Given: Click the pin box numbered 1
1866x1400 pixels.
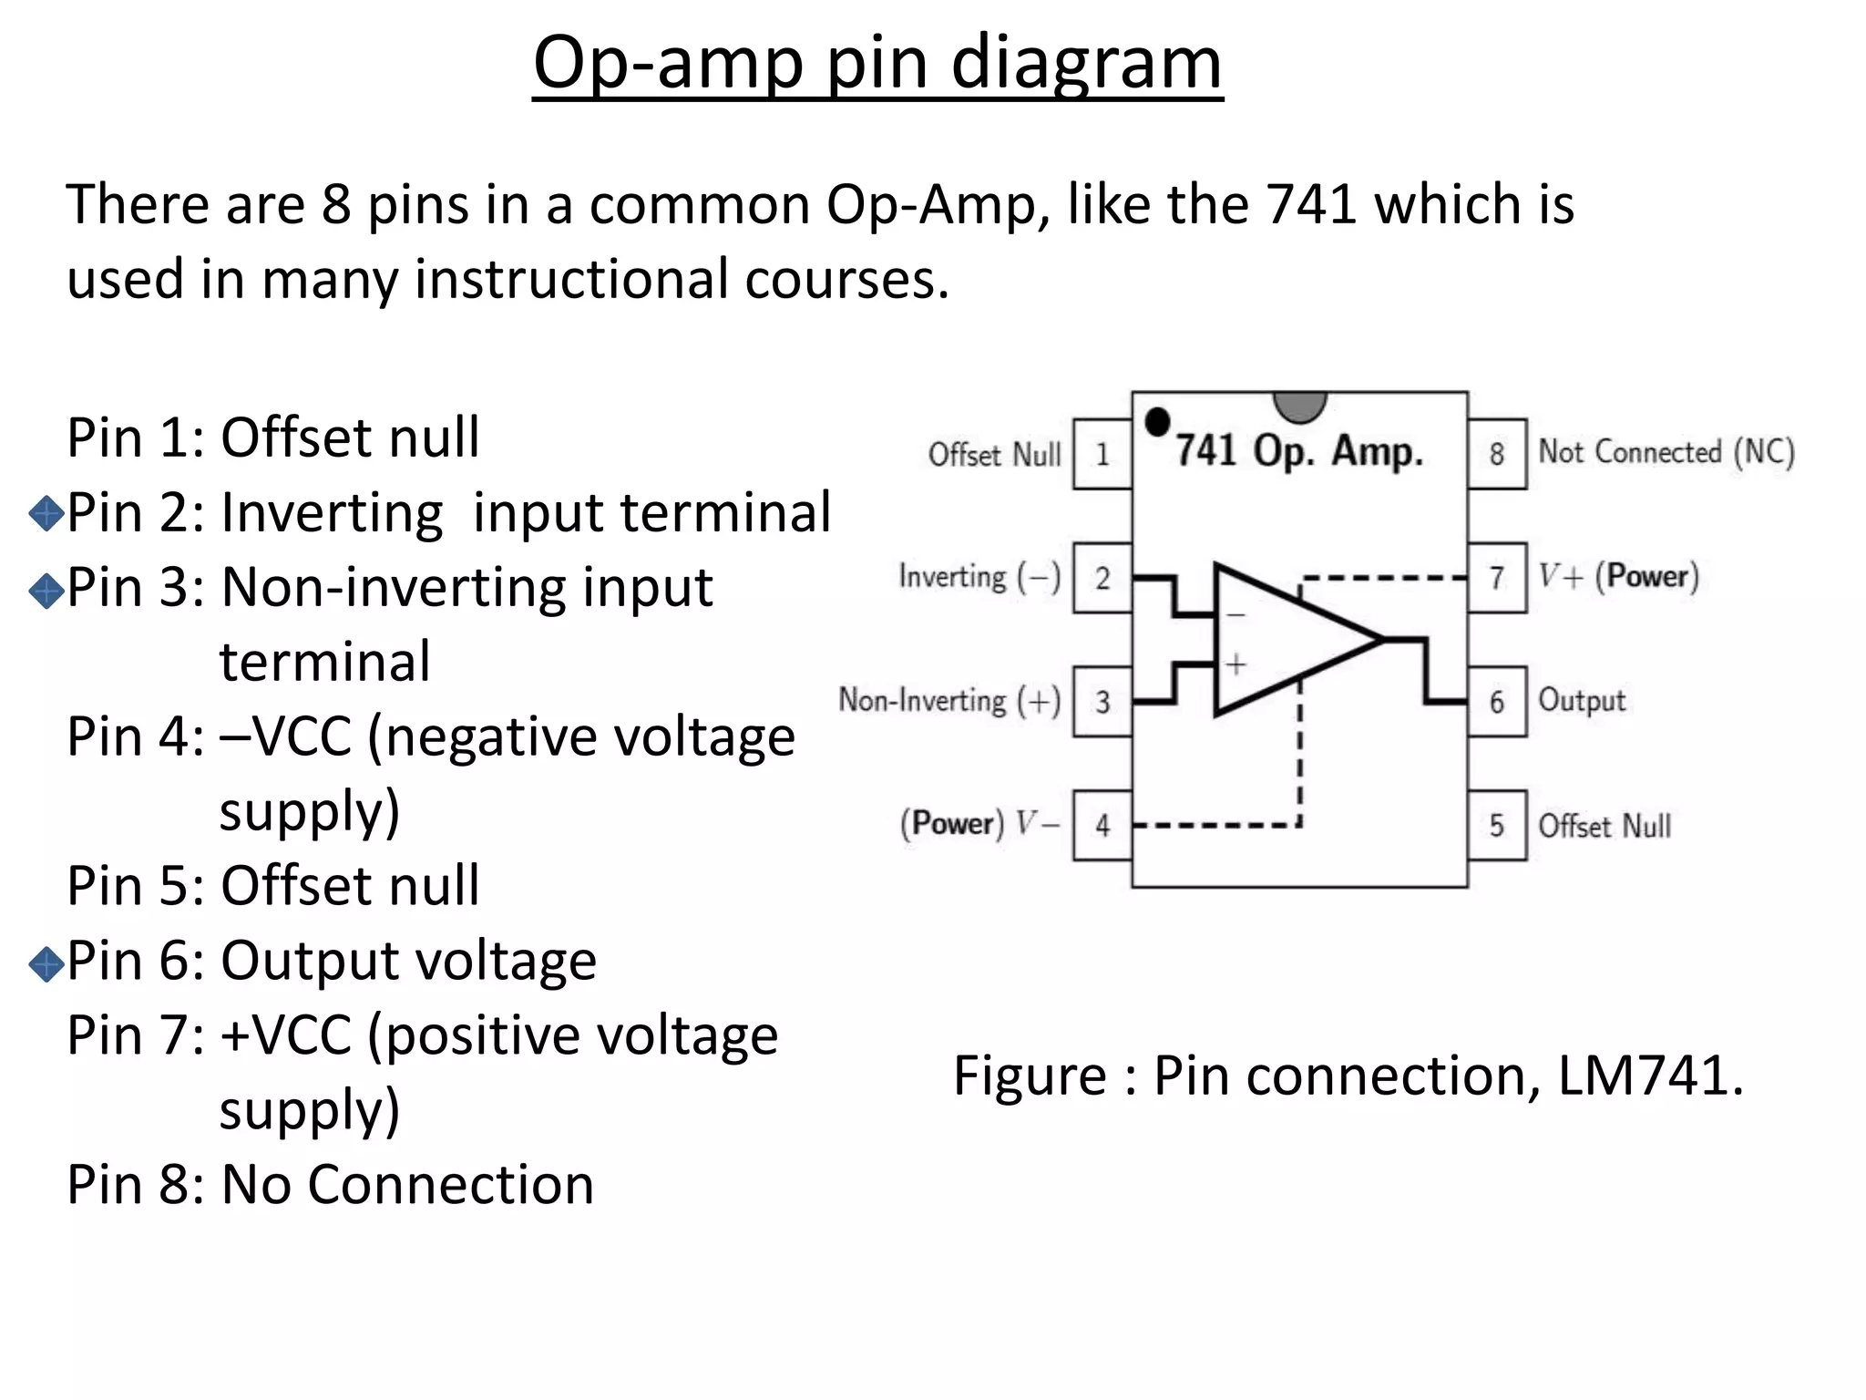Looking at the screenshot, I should coord(1102,454).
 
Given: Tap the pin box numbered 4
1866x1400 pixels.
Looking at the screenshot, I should coord(1102,826).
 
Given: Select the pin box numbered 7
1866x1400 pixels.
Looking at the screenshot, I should coord(1497,578).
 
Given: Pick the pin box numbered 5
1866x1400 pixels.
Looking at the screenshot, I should coord(1497,826).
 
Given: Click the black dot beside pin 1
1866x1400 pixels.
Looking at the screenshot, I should coord(1157,422).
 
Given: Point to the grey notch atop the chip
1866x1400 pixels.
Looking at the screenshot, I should coord(1299,407).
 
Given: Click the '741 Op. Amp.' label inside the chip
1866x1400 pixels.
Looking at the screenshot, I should coord(1298,451).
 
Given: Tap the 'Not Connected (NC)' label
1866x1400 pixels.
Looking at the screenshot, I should coord(1666,452).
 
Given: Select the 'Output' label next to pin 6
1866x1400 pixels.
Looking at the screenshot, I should coord(1582,701).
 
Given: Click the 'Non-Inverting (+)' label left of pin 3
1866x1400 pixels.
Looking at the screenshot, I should coord(949,701).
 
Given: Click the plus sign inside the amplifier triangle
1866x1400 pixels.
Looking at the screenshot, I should coord(1235,664).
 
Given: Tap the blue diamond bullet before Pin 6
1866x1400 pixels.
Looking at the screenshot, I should coord(46,963).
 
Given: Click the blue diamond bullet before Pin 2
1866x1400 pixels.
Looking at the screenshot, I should coord(46,514).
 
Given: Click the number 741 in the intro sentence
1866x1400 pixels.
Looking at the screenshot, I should coord(1312,204).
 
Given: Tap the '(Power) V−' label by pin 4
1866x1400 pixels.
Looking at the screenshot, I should coord(980,824).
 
